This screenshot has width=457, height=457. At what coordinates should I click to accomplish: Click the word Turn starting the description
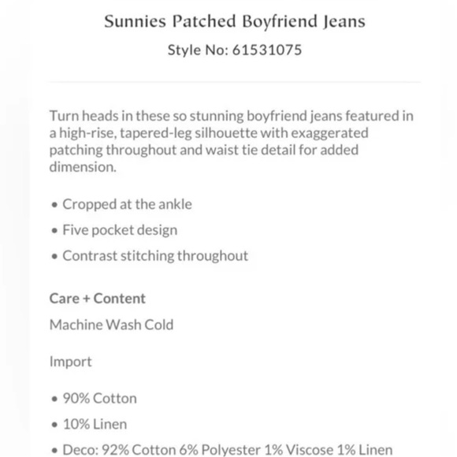coord(64,116)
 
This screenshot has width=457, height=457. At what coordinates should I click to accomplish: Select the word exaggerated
coord(330,133)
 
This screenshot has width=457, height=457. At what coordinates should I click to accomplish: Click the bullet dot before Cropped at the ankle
coord(54,205)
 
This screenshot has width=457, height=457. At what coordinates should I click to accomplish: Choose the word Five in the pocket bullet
coord(76,230)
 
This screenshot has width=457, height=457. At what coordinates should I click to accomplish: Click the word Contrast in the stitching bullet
coord(88,256)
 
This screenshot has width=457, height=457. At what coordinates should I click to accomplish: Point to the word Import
coord(70,362)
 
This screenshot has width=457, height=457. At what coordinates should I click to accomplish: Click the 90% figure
coord(76,399)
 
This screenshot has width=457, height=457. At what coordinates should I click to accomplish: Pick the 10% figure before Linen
coord(76,424)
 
